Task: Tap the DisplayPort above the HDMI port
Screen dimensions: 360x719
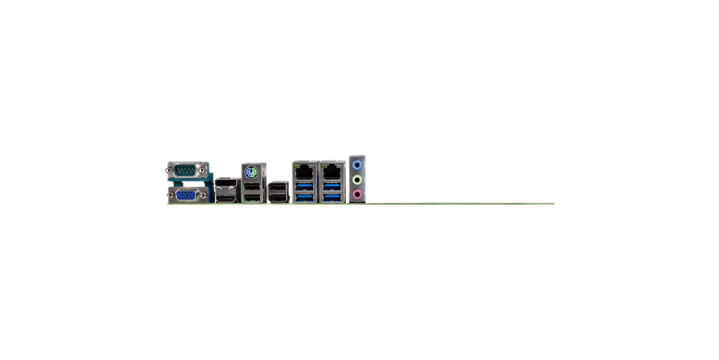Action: pos(227,184)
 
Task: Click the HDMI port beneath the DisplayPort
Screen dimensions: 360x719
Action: pos(227,197)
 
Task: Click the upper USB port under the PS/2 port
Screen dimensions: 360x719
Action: pos(251,186)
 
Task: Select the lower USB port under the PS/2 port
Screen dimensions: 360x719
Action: pos(251,197)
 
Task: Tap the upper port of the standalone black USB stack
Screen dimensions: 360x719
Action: pos(278,187)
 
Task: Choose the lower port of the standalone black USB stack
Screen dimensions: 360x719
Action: pos(278,197)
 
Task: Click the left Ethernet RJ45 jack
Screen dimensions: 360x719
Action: pos(304,170)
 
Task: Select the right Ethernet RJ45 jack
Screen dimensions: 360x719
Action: pos(332,170)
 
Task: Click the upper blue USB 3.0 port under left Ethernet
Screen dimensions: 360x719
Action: pos(304,186)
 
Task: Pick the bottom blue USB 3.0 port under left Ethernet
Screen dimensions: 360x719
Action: pos(304,197)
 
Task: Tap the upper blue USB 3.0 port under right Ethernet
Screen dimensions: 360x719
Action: pos(332,186)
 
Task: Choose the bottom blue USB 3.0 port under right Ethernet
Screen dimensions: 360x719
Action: pos(332,197)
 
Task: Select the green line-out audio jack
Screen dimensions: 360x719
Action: pos(357,180)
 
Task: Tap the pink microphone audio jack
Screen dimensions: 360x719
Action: pos(357,195)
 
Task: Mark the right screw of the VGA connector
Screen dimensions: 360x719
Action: pos(203,196)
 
